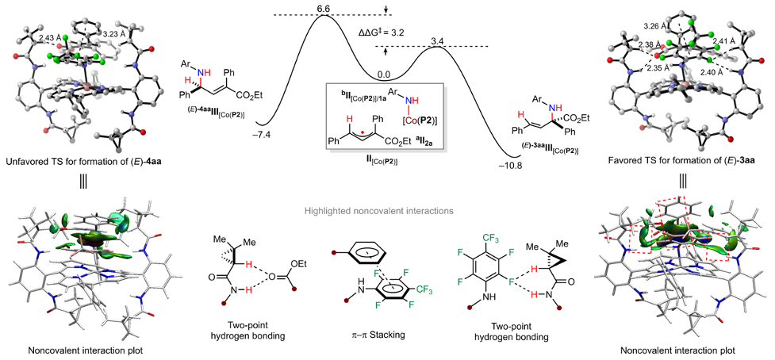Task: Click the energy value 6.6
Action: (323, 7)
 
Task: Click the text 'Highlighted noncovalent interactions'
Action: (387, 211)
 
